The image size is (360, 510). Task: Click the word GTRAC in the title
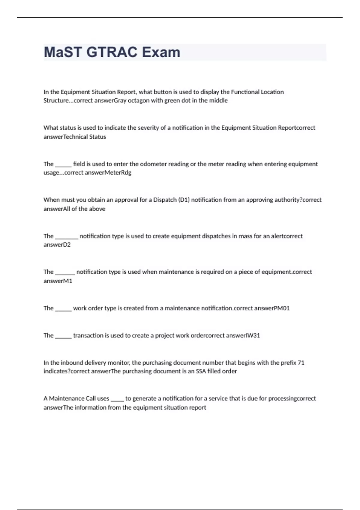(112, 52)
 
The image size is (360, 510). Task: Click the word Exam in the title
(161, 52)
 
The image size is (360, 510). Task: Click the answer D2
(67, 245)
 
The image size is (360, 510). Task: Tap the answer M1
(68, 281)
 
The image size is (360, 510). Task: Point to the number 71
(301, 363)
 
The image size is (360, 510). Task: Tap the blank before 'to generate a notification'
(117, 399)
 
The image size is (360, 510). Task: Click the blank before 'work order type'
(63, 308)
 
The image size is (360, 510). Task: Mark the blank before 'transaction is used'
(63, 335)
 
